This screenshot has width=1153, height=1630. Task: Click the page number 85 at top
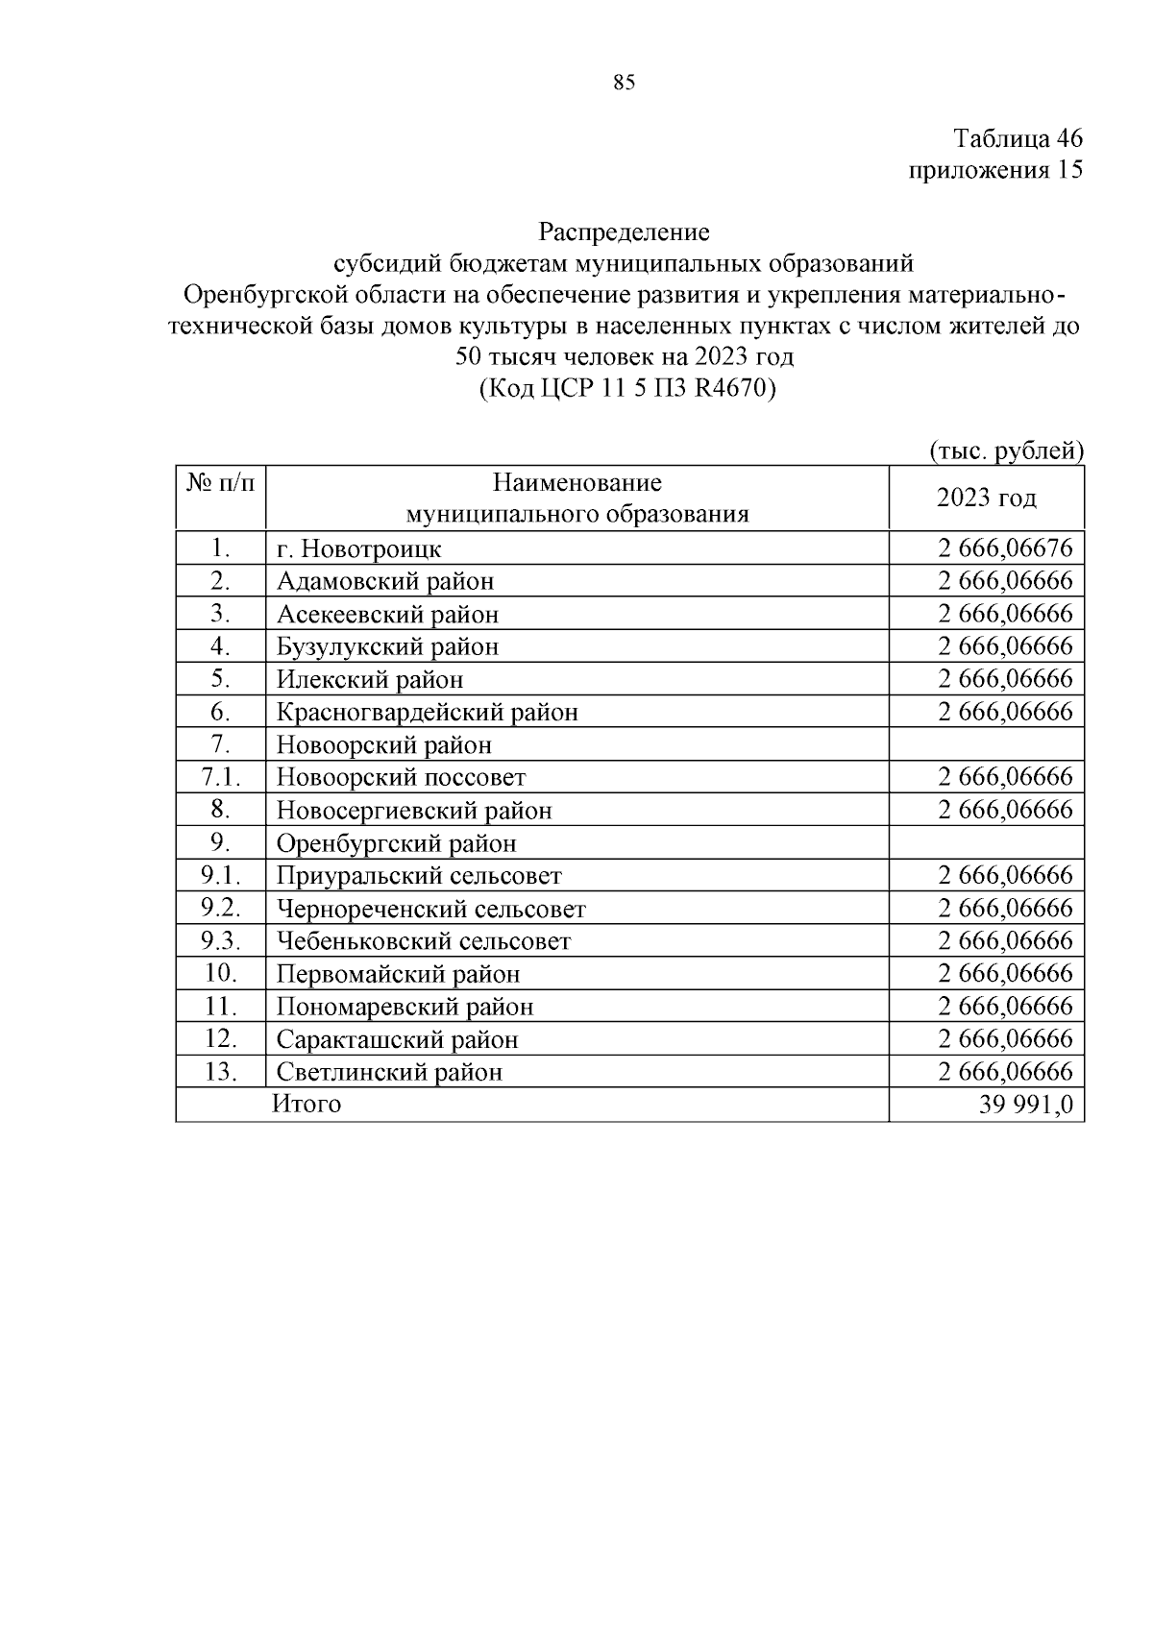click(x=623, y=84)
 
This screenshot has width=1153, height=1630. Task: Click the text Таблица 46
click(x=1018, y=138)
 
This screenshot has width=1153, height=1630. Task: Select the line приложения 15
click(x=995, y=170)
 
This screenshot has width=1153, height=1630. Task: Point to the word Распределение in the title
click(x=624, y=231)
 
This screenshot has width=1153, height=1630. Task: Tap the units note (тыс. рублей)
click(x=1006, y=450)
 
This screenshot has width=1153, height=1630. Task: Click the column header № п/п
click(x=220, y=482)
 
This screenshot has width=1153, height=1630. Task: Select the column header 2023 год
click(x=986, y=498)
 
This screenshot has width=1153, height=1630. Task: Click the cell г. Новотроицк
click(x=359, y=548)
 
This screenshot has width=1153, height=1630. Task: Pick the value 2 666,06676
click(x=1005, y=548)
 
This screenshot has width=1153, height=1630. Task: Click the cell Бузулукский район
click(x=387, y=646)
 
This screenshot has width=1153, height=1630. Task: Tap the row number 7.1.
click(x=220, y=776)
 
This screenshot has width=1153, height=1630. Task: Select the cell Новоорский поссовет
click(x=401, y=777)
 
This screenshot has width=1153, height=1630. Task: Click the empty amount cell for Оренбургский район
click(x=986, y=843)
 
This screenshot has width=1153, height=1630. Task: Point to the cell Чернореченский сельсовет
click(x=430, y=909)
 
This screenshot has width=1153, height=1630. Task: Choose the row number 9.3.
click(x=220, y=940)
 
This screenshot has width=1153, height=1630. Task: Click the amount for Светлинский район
click(x=1005, y=1071)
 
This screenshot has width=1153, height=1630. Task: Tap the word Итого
click(x=307, y=1104)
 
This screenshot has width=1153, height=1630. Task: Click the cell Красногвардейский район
click(x=428, y=712)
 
